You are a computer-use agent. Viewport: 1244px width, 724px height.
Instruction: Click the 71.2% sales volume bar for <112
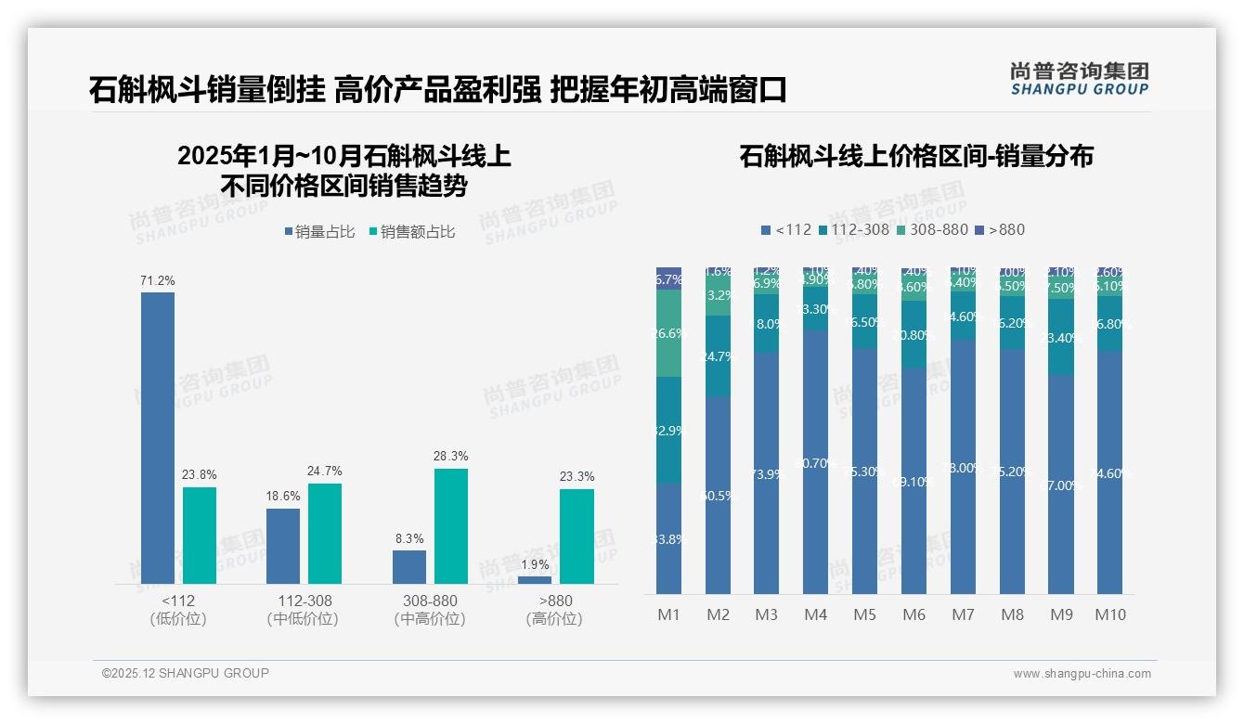point(158,437)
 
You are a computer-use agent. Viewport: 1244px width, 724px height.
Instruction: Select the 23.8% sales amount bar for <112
point(200,535)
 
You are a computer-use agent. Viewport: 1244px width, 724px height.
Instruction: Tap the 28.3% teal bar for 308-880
point(451,525)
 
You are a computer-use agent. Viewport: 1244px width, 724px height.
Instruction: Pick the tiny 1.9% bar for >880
point(535,579)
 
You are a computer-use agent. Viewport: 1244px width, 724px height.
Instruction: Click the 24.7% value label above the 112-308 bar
point(325,472)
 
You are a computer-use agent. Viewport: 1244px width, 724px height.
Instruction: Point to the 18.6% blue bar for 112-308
point(283,546)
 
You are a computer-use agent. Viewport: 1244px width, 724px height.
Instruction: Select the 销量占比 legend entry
point(319,232)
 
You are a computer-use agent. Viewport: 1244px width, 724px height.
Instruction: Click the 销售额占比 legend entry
point(411,232)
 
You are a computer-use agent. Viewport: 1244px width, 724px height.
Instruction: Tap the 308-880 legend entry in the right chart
point(932,229)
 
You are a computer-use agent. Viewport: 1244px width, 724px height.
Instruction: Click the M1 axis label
point(668,614)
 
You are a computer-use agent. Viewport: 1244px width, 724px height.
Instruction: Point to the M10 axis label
point(1109,614)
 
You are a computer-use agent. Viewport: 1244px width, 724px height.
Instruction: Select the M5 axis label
point(864,614)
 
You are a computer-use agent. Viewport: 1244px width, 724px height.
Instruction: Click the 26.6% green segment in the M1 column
point(668,333)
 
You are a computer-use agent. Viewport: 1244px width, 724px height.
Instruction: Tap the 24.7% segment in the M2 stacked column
point(718,356)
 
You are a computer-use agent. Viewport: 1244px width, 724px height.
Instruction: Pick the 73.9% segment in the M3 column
point(766,473)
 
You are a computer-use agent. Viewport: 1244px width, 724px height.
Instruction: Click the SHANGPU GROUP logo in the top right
point(1079,79)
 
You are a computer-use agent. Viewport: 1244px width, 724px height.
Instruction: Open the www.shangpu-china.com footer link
point(1082,674)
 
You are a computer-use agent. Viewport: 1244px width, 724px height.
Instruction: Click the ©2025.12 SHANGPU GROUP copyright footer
point(186,673)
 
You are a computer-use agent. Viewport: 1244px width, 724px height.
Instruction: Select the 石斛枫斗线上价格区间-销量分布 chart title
point(915,156)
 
